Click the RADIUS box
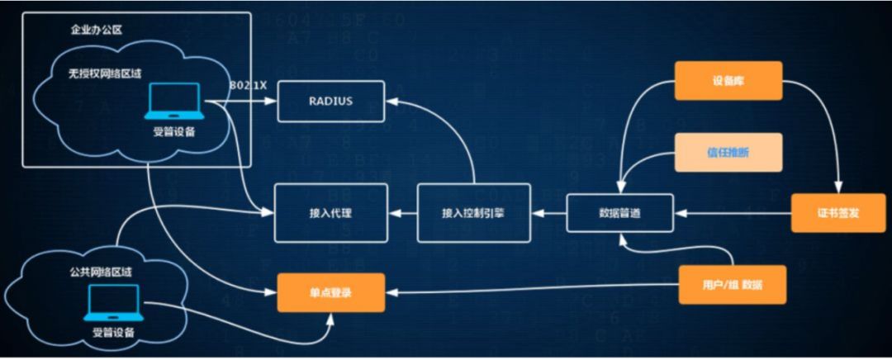pos(331,101)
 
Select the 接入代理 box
pos(330,212)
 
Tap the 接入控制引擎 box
pos(474,213)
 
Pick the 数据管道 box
pos(619,212)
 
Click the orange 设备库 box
pos(728,81)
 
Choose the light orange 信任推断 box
pos(728,152)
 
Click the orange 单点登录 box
pos(330,292)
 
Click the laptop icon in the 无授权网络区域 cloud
pos(173,102)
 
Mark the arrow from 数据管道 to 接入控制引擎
pos(548,213)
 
